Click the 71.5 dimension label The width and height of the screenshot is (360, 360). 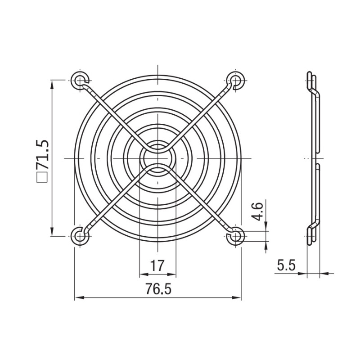pos(43,154)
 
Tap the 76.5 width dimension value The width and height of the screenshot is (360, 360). pos(158,289)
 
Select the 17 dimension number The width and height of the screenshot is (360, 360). pos(157,265)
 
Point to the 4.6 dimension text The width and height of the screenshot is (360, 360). pos(259,211)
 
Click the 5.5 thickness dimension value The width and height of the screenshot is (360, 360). pos(286,265)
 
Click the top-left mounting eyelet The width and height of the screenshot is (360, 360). pos(80,81)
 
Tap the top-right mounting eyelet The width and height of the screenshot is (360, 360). pos(235,81)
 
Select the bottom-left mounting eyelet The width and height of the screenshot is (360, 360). pos(80,236)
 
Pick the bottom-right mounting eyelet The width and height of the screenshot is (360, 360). pos(235,236)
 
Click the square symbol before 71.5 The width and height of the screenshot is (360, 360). pos(43,177)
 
